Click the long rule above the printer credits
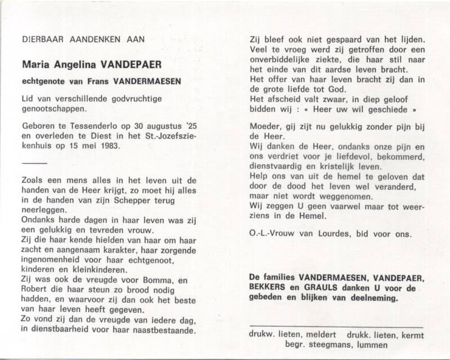point(336,326)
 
